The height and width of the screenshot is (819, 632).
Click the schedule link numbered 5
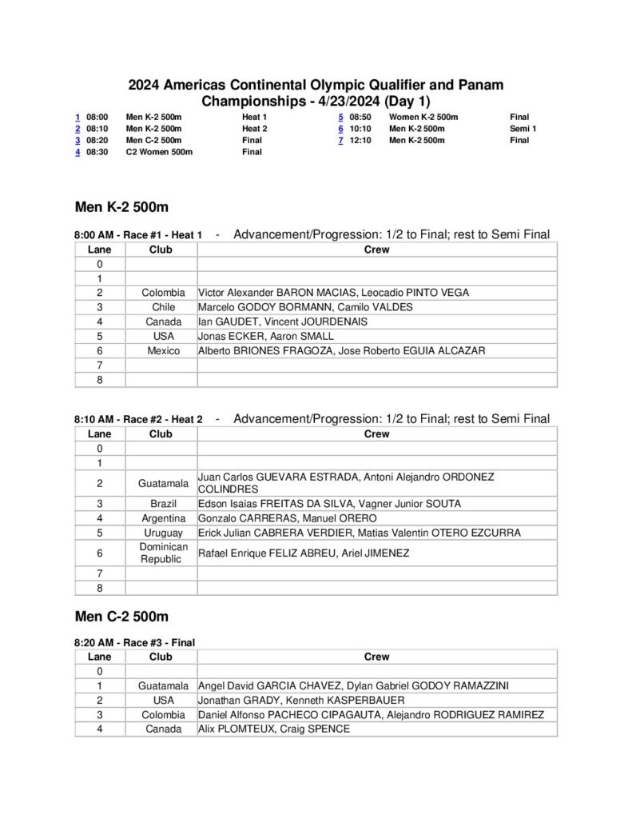[341, 117]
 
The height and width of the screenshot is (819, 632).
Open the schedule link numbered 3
[78, 140]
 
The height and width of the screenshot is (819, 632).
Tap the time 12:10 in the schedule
[360, 140]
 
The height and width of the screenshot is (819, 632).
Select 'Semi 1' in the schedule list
[523, 128]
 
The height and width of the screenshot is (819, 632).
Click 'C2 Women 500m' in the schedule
[159, 152]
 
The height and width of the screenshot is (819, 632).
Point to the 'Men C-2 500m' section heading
[121, 617]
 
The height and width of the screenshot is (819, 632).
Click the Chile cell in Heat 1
[163, 307]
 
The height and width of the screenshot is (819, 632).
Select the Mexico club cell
[163, 350]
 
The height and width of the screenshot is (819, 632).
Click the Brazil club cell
[163, 504]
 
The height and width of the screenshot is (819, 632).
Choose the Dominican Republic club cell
[163, 553]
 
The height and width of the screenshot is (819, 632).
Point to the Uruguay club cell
[163, 533]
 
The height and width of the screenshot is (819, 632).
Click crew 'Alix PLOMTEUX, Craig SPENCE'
[274, 729]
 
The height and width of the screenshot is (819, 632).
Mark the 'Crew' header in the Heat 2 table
[376, 434]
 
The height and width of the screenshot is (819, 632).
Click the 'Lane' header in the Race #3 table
[100, 657]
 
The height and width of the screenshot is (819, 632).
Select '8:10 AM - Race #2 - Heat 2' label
[138, 419]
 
